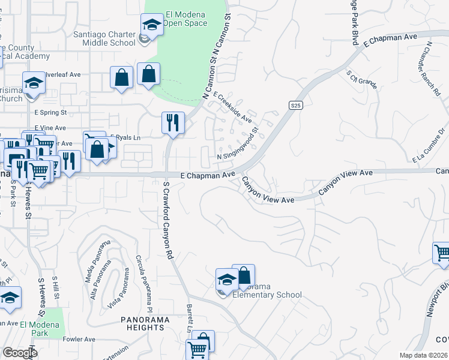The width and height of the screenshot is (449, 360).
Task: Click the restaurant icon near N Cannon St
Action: (x=173, y=123)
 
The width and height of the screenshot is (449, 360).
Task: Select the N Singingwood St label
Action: (x=239, y=145)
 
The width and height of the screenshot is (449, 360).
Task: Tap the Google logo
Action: (x=20, y=353)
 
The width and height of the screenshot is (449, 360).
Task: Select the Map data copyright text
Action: (x=423, y=355)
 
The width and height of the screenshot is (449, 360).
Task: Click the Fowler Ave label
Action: (x=80, y=339)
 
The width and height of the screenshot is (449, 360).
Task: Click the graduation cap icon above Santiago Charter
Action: (x=152, y=25)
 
